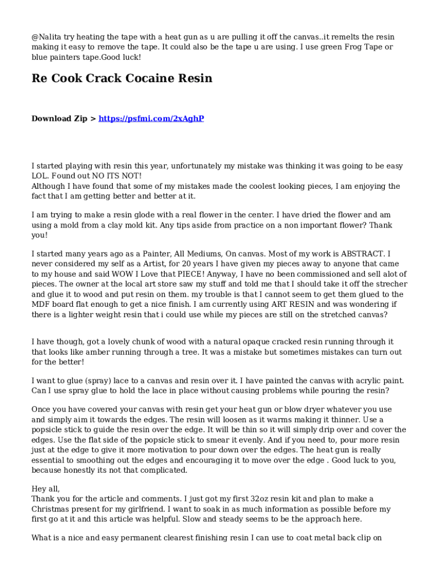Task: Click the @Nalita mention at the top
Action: pos(47,37)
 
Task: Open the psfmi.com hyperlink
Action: pos(151,119)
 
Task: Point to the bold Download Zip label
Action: pos(59,119)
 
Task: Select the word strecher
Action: pos(391,284)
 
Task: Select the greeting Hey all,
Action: pos(46,489)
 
